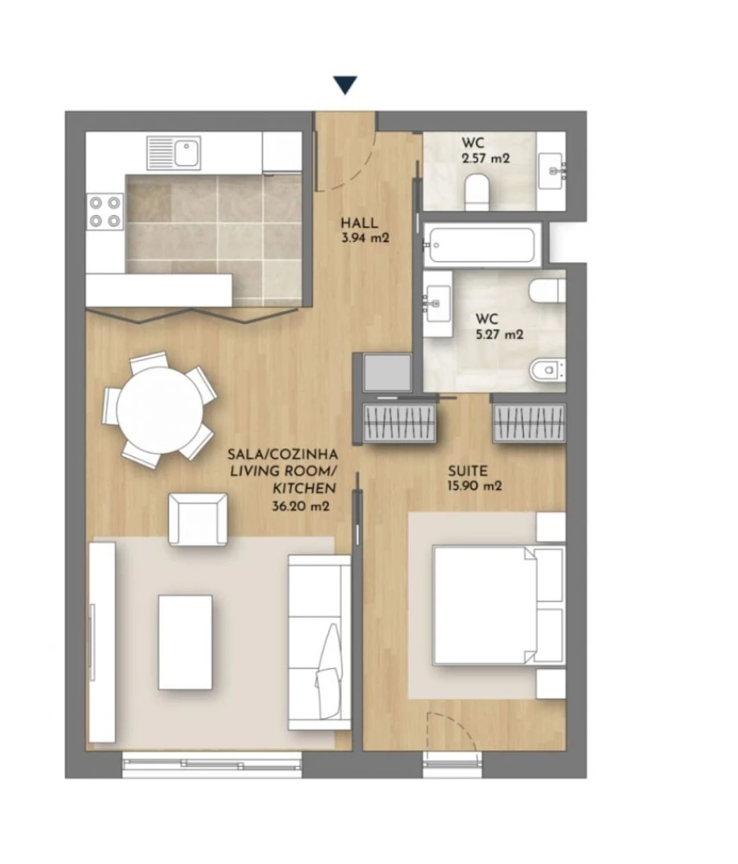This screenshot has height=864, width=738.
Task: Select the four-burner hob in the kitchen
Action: point(105,210)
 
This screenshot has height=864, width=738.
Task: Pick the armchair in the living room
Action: point(198,519)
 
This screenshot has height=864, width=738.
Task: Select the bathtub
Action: point(480,244)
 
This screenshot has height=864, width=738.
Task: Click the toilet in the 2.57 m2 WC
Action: point(476,194)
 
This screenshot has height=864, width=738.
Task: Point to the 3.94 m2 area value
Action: point(360,239)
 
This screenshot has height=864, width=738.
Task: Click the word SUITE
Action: point(467,471)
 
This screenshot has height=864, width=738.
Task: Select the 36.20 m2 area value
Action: point(301,507)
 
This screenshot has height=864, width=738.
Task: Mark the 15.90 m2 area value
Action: point(475,486)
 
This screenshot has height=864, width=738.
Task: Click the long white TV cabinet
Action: point(102,643)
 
